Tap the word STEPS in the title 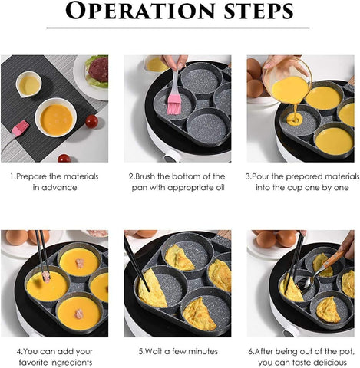(255, 13)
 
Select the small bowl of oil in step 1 (28, 84)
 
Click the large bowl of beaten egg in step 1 (56, 119)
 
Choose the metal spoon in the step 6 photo (305, 284)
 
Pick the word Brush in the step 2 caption (147, 176)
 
